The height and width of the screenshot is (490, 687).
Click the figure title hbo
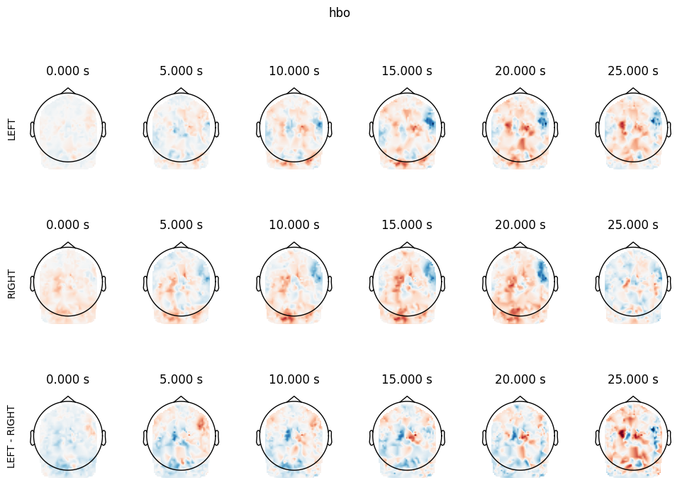pos(339,13)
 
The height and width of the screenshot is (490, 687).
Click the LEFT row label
pos(11,128)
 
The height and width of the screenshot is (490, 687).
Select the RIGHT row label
pos(11,283)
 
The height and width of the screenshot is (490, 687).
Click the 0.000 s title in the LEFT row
pos(68,71)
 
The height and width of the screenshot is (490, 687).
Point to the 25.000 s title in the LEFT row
pos(632,71)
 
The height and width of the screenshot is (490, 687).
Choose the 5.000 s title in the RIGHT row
pos(181,225)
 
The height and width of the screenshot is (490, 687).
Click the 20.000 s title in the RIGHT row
pos(520,225)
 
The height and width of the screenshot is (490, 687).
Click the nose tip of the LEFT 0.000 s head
pos(68,89)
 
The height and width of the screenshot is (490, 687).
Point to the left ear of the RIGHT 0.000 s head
pos(32,284)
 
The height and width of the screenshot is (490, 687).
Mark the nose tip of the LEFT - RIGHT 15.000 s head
pos(407,398)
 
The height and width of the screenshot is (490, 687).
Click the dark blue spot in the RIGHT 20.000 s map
pos(542,272)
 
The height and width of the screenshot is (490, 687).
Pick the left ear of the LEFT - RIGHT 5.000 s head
pos(145,438)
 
